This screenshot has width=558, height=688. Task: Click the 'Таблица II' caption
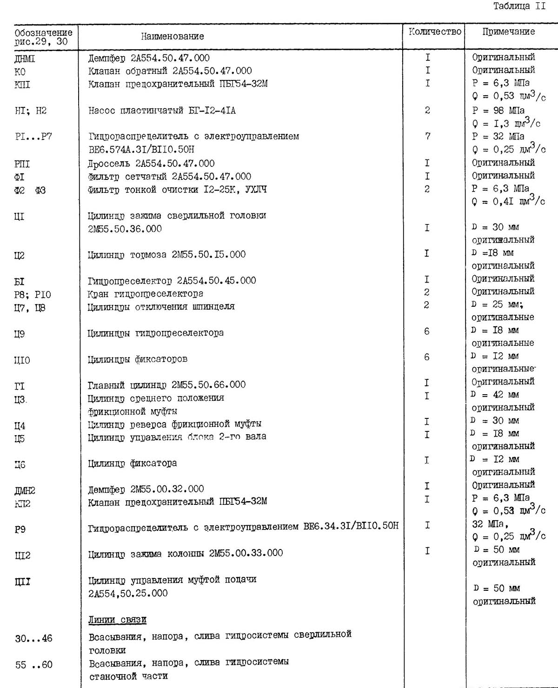[x=519, y=7]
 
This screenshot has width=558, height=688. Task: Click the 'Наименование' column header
[x=173, y=36]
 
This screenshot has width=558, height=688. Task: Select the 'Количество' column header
[x=435, y=32]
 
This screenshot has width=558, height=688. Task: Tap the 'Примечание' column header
[x=508, y=32]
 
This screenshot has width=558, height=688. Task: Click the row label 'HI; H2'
[x=31, y=111]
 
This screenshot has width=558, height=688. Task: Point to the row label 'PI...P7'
[x=33, y=137]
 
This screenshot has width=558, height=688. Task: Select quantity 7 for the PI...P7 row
[x=427, y=137]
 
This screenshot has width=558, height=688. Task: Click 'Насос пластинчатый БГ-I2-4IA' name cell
[x=162, y=111]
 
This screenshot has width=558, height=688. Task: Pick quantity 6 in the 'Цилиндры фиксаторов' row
[x=427, y=357]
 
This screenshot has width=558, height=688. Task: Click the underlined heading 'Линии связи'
[x=118, y=620]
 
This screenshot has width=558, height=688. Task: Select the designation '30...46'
[x=33, y=639]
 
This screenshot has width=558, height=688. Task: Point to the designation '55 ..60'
[x=33, y=665]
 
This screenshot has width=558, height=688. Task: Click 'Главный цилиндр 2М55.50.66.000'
[x=166, y=385]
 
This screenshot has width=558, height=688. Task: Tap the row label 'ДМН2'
[x=25, y=490]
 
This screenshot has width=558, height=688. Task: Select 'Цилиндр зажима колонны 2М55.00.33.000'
[x=185, y=553]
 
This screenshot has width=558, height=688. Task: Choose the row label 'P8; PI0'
[x=33, y=295]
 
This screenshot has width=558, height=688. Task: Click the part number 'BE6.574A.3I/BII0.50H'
[x=141, y=150]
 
